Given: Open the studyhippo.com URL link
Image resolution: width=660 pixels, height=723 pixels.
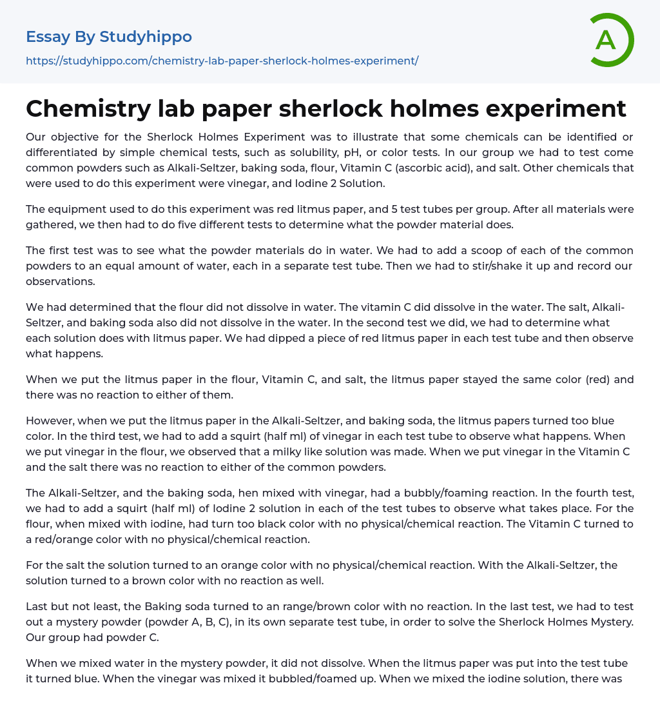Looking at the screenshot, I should (222, 61).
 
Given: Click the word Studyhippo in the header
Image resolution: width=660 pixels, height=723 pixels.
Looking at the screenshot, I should (146, 37).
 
